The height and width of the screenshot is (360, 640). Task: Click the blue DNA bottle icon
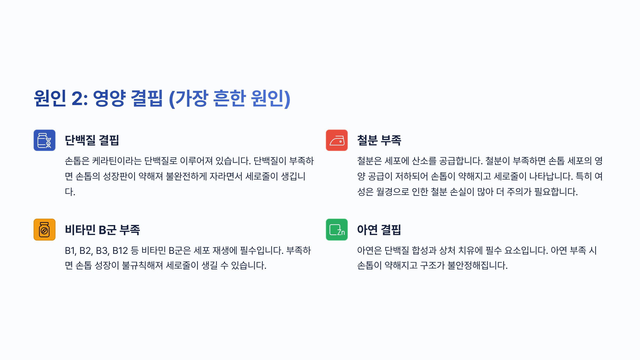(45, 140)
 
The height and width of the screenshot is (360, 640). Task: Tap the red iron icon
(337, 140)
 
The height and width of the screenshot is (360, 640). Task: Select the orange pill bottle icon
(45, 230)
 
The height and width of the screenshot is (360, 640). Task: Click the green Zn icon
(337, 230)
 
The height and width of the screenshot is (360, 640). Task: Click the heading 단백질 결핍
(92, 140)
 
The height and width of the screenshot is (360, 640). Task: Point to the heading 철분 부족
(379, 140)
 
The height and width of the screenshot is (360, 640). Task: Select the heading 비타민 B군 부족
(102, 230)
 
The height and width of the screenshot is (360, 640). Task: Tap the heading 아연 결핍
(379, 230)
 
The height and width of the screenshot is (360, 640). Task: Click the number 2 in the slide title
(77, 98)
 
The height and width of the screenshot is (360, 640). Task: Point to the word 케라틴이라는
(117, 161)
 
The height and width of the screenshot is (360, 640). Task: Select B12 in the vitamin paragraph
(120, 251)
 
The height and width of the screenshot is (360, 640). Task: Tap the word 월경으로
(392, 192)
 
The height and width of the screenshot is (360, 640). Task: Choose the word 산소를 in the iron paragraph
(424, 161)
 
